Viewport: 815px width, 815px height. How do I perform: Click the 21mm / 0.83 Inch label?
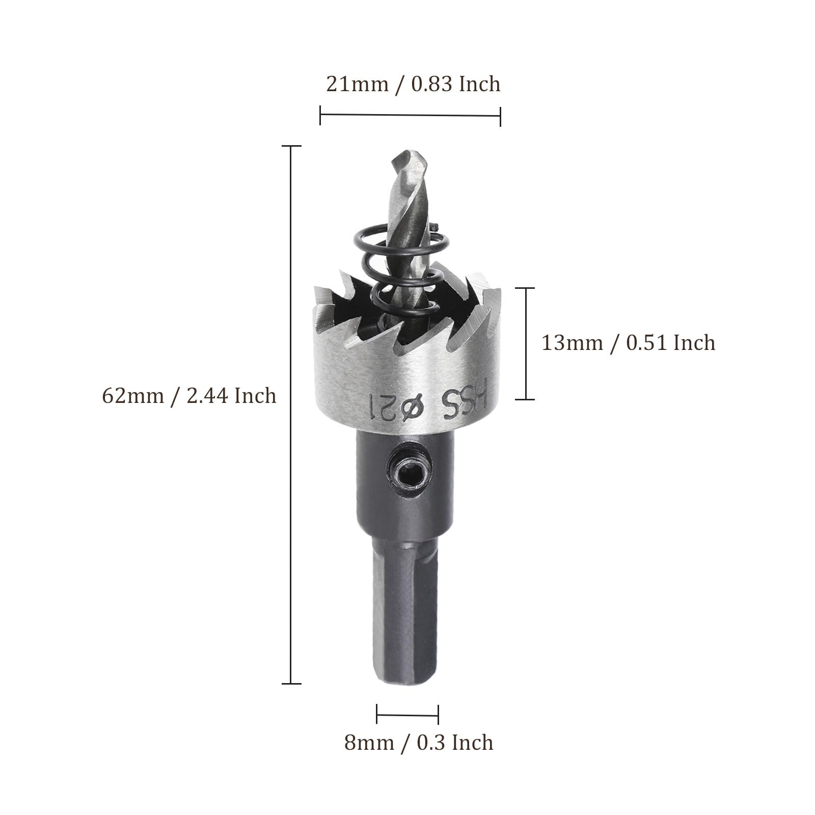[413, 84]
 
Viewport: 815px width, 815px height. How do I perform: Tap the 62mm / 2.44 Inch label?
[189, 396]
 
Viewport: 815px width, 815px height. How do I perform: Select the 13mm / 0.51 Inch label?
[628, 343]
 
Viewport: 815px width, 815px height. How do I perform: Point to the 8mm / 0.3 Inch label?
[419, 743]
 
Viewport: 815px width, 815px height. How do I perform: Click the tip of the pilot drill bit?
[403, 151]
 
